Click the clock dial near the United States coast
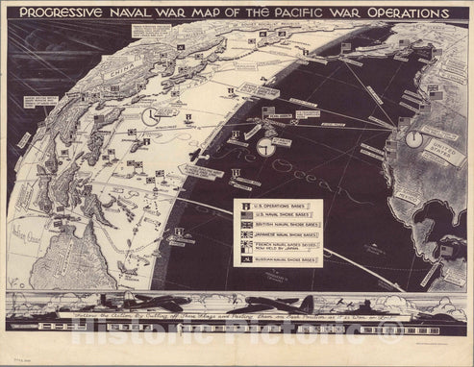pos(413,138)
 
